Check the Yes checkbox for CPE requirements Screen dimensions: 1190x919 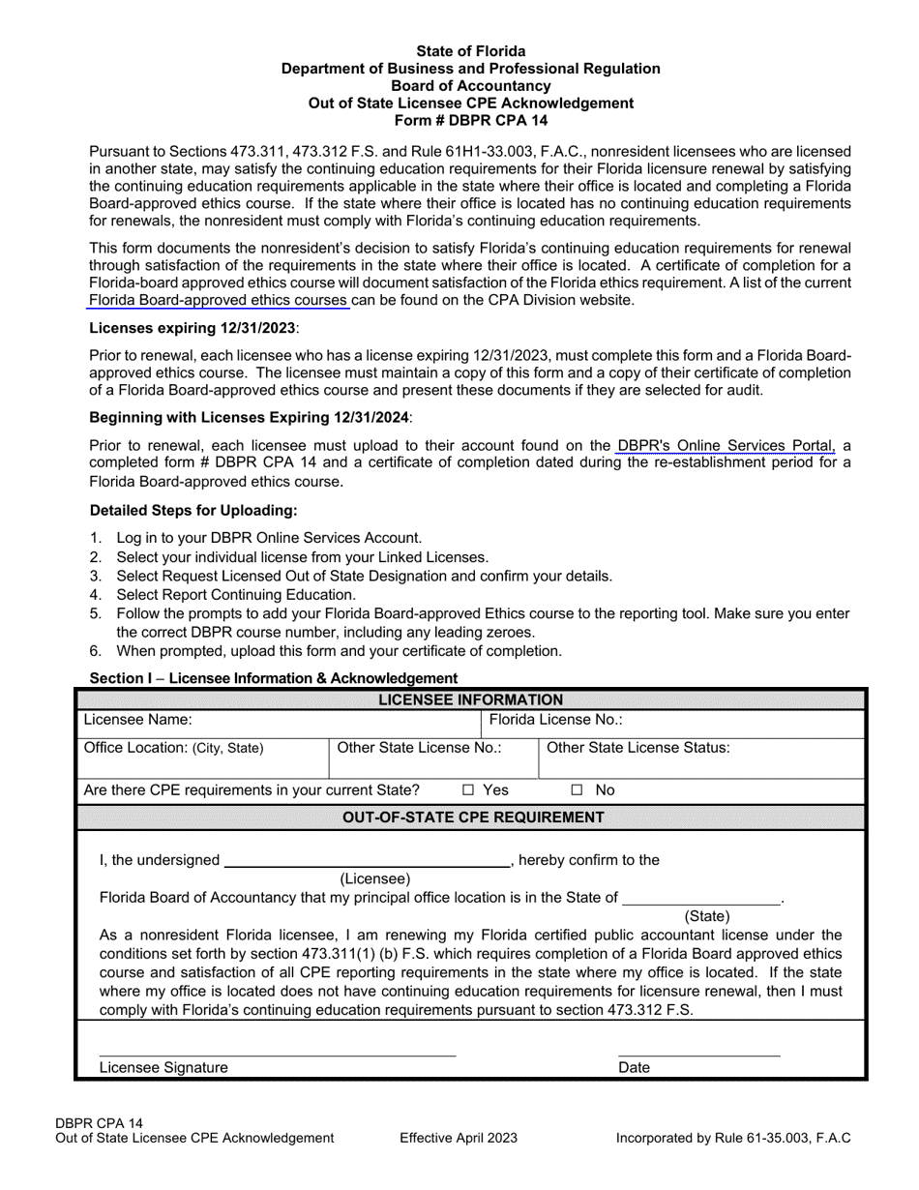(468, 790)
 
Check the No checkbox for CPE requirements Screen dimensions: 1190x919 (577, 790)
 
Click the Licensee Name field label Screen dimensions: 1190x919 (138, 720)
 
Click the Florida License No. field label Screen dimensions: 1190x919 (555, 720)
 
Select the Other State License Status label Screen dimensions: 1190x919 (638, 747)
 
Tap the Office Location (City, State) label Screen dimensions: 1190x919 (173, 748)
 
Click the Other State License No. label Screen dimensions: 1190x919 (419, 747)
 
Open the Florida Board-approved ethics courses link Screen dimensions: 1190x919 (219, 300)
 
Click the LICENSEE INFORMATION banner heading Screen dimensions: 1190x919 (470, 699)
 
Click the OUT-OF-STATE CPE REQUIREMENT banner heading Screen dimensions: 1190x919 (474, 818)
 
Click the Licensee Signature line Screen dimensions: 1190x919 (277, 1053)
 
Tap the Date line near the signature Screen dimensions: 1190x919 (698, 1053)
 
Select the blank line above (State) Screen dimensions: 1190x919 (701, 902)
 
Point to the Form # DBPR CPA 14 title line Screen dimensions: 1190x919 (471, 120)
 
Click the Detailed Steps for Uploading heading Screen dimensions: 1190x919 (193, 510)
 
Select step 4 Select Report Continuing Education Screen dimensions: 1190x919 (236, 595)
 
